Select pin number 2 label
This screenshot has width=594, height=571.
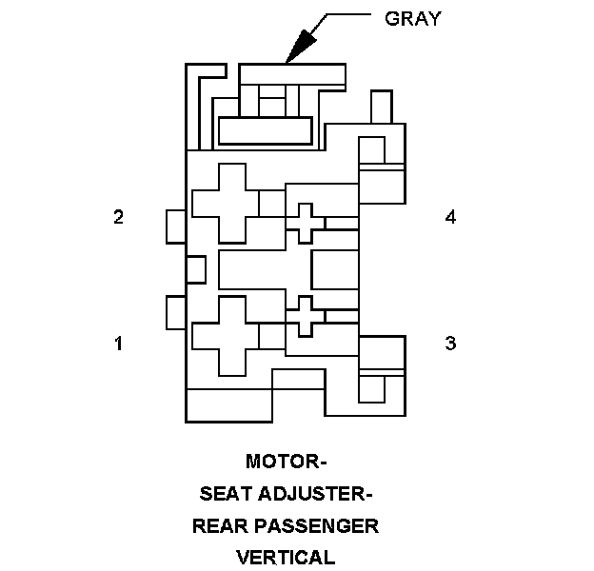coord(118,217)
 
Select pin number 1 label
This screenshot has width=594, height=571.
coord(118,344)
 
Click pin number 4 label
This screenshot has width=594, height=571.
coord(450,217)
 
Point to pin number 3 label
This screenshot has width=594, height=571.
coord(450,344)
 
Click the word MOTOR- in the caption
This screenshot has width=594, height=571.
coord(287,463)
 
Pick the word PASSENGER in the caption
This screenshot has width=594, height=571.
coord(318,525)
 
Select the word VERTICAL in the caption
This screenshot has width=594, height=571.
coord(287,557)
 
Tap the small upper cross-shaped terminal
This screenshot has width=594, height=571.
coord(306,223)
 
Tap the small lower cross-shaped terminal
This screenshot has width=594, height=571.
coord(306,316)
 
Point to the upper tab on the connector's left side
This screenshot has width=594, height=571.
coord(175,226)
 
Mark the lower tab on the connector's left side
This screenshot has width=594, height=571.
coord(175,312)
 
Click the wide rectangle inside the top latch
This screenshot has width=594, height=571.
coord(265,130)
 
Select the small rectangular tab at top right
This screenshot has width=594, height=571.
coord(381,107)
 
